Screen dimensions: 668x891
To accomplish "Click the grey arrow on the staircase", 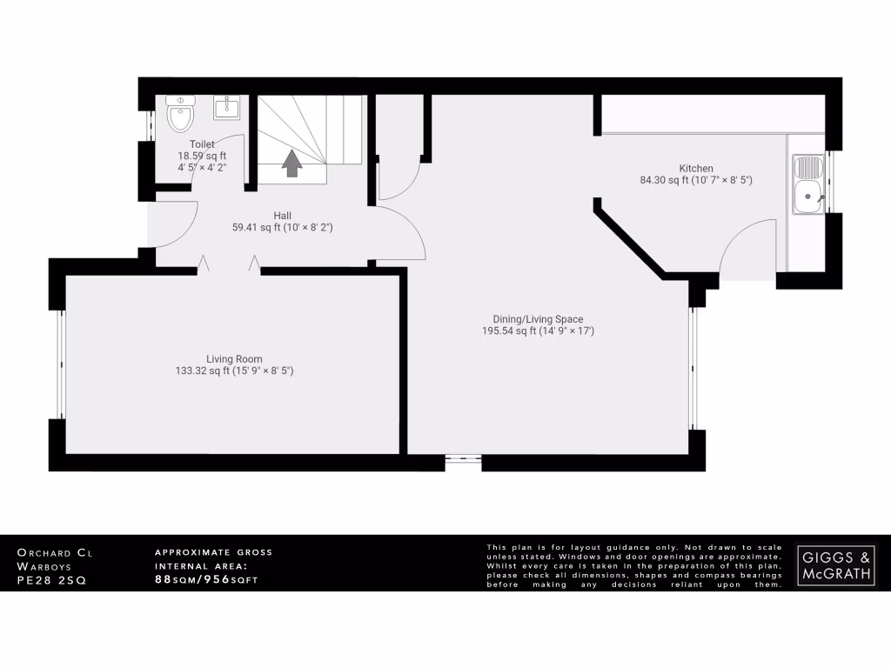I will (291, 163).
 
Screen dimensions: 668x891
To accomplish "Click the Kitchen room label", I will (696, 168).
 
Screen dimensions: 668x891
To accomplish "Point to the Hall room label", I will (283, 215).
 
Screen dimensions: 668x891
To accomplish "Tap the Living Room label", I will (234, 358).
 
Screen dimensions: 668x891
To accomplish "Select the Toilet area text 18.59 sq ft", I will (197, 156).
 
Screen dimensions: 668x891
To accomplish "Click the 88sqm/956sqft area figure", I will (206, 578).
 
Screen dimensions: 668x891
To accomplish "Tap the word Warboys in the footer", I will (45, 565).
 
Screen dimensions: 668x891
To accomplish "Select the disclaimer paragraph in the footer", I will (634, 564).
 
